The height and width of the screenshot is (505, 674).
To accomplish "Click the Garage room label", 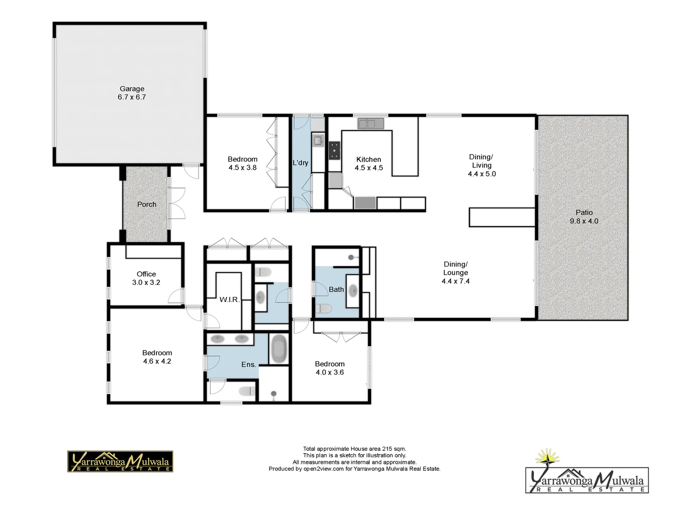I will pos(132,89).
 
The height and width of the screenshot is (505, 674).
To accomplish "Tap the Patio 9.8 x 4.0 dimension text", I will pos(584,221).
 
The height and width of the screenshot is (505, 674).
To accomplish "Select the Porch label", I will pos(147,204).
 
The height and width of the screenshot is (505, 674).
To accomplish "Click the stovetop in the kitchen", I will pos(334,151).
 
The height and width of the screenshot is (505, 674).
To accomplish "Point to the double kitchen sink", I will pos(371,124).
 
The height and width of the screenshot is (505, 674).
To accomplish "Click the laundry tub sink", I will pos(318,140).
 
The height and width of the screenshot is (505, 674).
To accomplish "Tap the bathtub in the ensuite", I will pos(279,349).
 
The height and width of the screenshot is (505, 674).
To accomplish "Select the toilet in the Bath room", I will pos(323,309).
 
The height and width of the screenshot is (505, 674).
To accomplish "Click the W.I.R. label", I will pos(229,299).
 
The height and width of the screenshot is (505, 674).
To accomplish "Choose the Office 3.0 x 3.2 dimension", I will pos(146,282).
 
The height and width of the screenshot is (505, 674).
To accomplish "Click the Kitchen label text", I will pos(368,159).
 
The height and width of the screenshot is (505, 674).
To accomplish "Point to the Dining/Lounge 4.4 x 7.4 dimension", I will pos(455,281).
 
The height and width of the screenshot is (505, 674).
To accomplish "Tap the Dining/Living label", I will pos(481,161).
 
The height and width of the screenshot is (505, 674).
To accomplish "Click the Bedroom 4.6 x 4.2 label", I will pos(157,357).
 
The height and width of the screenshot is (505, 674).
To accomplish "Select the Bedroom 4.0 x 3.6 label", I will pos(330,368).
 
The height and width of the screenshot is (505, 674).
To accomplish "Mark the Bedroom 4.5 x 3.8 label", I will pos(242,163).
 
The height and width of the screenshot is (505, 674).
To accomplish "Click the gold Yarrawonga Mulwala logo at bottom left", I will pos(120,462).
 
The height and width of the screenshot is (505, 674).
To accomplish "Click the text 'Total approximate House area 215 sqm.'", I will pos(354,449).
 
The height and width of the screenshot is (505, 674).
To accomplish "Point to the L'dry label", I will pos(300,163).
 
